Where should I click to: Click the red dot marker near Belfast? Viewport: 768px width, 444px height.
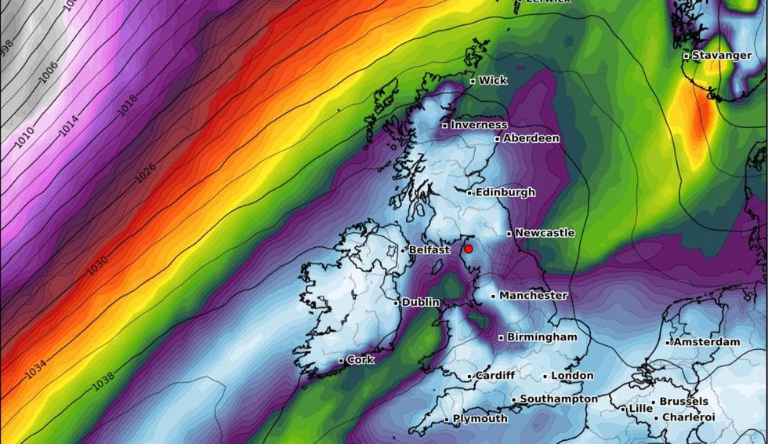point(469,249)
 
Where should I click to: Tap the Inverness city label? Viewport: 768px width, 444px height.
point(478,125)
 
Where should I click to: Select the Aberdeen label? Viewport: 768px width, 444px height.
point(531,138)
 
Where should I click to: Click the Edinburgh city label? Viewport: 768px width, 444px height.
point(505,192)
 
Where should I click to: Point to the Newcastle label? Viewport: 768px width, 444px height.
point(544,233)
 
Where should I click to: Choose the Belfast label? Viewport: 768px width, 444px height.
point(429,250)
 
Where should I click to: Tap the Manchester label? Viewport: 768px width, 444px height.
point(533,296)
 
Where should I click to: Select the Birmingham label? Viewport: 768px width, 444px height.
point(542,337)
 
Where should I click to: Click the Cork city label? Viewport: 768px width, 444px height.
point(360,360)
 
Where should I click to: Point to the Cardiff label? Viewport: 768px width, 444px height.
point(494,376)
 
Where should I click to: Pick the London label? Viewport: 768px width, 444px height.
point(571,376)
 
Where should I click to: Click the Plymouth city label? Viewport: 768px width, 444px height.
point(480,419)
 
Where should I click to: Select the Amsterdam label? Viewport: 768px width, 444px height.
point(706,342)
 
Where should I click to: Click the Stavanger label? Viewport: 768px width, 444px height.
point(720,56)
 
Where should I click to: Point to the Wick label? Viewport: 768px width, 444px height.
point(492,80)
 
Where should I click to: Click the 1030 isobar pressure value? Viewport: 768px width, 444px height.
point(98,265)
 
